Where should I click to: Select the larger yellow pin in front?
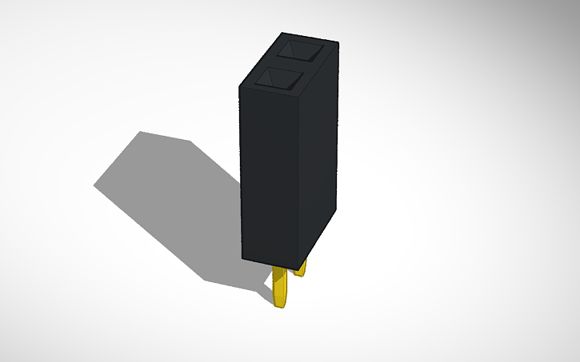click(281, 287)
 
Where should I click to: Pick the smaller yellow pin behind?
click(301, 269)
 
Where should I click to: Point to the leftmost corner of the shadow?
click(94, 185)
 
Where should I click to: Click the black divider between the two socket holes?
click(292, 65)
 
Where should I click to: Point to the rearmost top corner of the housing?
click(282, 34)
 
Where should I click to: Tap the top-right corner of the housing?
click(337, 43)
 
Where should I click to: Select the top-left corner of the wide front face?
click(240, 85)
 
